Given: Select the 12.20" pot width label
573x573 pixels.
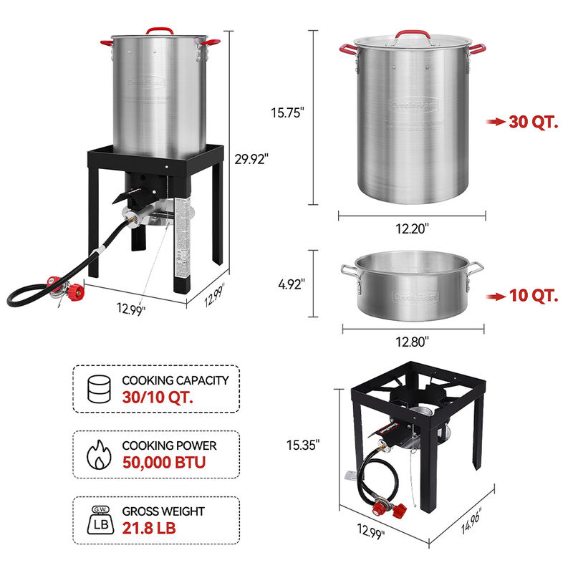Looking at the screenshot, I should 413,229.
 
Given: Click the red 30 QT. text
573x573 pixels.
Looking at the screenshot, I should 533,122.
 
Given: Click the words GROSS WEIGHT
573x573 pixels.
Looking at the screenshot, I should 163,511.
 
